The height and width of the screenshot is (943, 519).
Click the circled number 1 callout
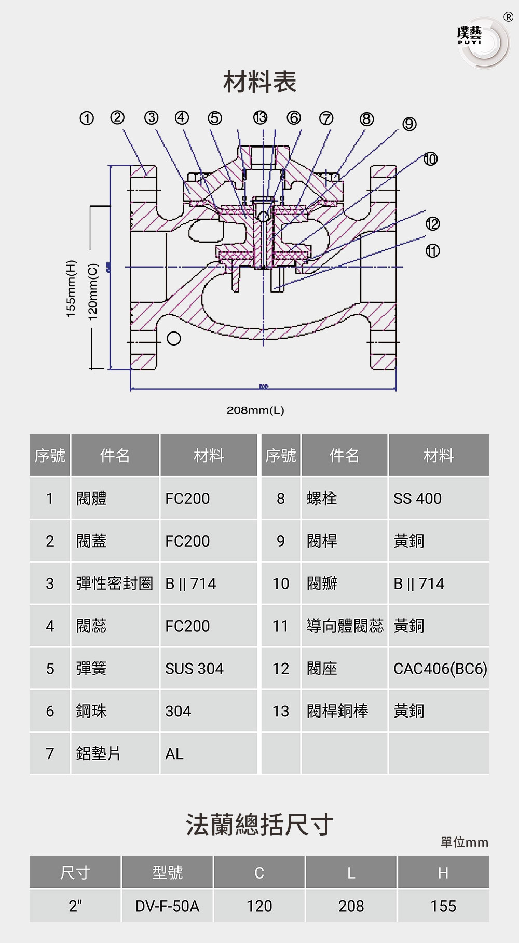coord(87,118)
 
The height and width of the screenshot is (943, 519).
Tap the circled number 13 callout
coord(260,117)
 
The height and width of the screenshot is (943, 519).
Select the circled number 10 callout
coord(430,159)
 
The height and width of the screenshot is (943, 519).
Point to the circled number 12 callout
coord(432,224)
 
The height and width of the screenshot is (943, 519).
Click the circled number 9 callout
coord(409,124)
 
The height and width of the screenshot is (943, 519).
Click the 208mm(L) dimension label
coord(255,410)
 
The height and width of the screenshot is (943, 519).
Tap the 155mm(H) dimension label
coord(71,288)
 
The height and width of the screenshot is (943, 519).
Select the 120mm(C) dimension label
coord(93,292)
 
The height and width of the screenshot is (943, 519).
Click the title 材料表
coord(259,82)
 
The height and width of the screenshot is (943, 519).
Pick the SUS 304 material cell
coord(194,669)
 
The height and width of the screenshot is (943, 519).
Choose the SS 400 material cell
coord(417,499)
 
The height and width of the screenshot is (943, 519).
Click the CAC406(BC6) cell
coord(440,669)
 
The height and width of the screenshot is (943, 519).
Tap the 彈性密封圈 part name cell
coord(115,583)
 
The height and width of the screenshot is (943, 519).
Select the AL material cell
coord(174,754)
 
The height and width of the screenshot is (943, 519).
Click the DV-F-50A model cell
coord(167,906)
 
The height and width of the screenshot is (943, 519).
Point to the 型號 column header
coord(167,872)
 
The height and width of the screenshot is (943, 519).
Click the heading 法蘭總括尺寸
coord(259,825)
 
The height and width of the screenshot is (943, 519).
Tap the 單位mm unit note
coord(464,842)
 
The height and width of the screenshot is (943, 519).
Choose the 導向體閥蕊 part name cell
coord(345,626)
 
